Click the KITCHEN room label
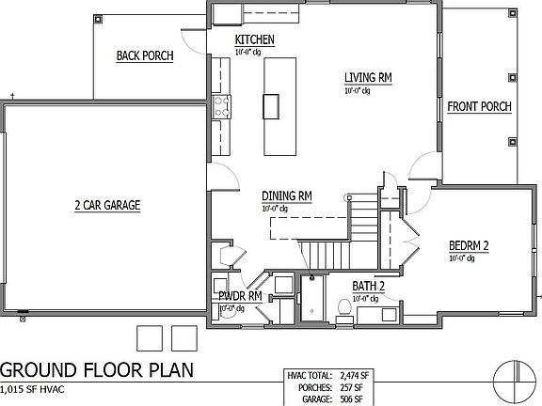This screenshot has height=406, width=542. tap(254, 39)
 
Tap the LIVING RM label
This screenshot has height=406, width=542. tap(368, 76)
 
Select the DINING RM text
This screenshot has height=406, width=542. tap(287, 195)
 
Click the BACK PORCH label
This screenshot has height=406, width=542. tap(145, 56)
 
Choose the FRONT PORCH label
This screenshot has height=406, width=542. tap(479, 106)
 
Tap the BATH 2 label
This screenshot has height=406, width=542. tap(370, 285)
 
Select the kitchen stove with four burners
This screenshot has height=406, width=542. tap(221, 106)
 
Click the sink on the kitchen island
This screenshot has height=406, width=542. tap(272, 106)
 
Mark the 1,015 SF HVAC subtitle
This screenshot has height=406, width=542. tap(41, 387)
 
